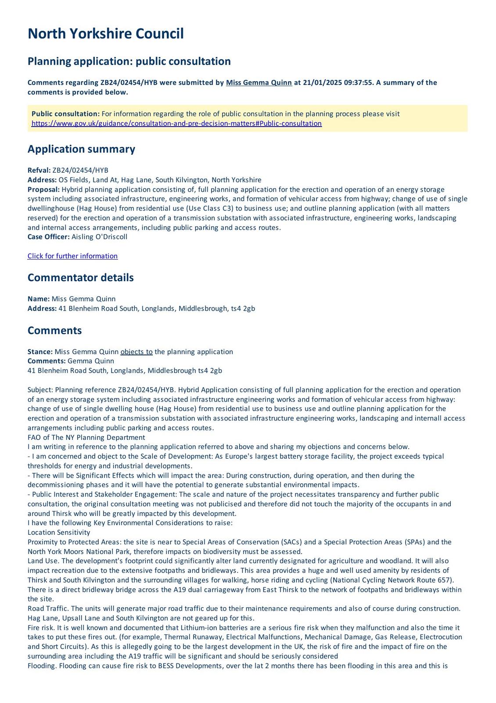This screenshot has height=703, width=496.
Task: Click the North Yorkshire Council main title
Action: [x=105, y=34]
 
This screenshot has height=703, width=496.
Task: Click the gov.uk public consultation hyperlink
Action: [x=176, y=123]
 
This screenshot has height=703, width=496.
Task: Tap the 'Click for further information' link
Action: [x=72, y=256]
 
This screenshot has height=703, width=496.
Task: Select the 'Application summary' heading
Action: [x=81, y=149]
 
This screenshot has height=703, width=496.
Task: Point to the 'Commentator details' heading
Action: [x=80, y=278]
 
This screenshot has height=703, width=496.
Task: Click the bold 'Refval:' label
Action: [x=39, y=170]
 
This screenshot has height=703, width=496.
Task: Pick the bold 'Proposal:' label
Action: [x=43, y=189]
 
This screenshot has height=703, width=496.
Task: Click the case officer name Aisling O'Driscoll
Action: [x=99, y=237]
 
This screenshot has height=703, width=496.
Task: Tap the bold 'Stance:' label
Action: [x=40, y=352]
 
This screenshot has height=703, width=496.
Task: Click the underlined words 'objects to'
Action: [x=137, y=352]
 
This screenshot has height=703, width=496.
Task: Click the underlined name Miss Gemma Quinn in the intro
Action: [x=259, y=83]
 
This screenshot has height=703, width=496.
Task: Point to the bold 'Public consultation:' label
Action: [x=65, y=114]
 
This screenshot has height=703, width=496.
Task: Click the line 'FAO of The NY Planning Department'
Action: [x=86, y=438]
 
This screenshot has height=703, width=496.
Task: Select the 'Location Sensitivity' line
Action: [x=59, y=533]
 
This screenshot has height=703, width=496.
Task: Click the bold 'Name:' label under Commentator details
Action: [x=39, y=299]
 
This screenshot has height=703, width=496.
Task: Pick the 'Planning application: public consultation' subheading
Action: [x=129, y=62]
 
